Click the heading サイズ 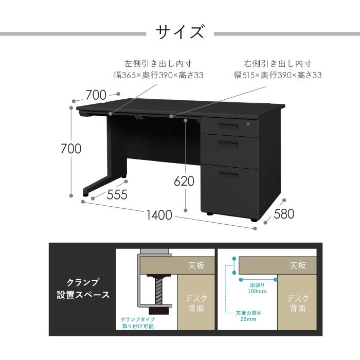[x=180, y=32]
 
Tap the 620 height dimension [x=184, y=182]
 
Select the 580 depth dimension [x=284, y=214]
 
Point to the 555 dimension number [x=117, y=195]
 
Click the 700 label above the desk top [x=96, y=95]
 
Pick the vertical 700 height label [x=71, y=149]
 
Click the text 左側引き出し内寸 [x=158, y=64]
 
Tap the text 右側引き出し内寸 [x=278, y=64]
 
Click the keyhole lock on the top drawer [x=248, y=124]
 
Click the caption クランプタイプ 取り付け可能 [x=137, y=322]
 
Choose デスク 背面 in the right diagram [x=297, y=303]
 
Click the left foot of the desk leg [x=85, y=195]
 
